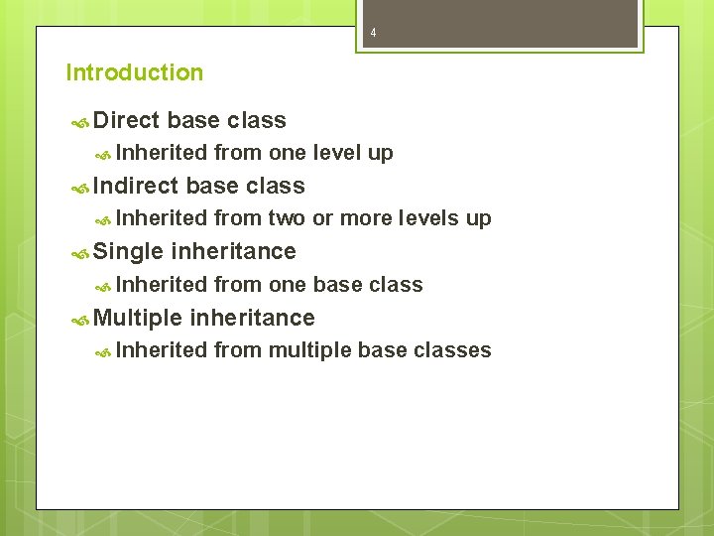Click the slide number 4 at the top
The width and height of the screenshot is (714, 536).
373,33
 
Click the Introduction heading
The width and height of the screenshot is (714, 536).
134,72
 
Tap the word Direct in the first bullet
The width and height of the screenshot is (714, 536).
126,121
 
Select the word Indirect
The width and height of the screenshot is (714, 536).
136,186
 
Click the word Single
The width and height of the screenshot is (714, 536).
129,251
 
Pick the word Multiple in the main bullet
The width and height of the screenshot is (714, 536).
138,318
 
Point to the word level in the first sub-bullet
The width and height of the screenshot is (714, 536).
339,153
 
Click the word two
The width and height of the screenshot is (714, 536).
287,218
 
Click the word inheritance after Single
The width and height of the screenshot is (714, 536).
233,251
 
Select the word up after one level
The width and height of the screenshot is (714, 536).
381,154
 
